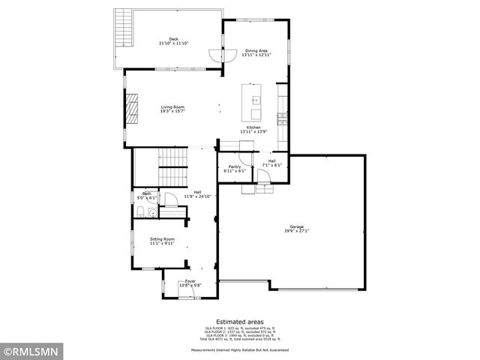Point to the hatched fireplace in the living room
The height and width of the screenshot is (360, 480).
[x=132, y=109]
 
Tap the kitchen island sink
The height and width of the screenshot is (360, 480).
[x=256, y=100]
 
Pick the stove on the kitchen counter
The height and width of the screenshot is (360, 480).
[x=282, y=116]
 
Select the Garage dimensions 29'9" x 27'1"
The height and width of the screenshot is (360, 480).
[x=297, y=231]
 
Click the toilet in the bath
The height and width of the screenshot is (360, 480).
[x=152, y=213]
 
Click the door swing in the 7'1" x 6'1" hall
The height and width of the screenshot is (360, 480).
[x=263, y=175]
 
